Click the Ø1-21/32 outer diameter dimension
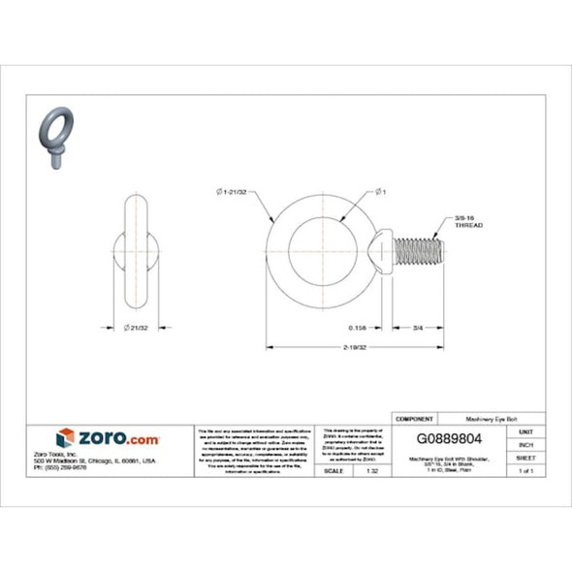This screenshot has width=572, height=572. [x=231, y=192]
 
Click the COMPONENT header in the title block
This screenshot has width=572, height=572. [x=414, y=418]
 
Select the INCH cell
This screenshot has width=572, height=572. [x=525, y=444]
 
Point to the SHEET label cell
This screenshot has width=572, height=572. [x=525, y=457]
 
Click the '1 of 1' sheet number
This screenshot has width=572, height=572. [x=525, y=470]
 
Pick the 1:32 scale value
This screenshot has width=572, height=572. [x=372, y=470]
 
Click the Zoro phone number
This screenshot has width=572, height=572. [x=87, y=469]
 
